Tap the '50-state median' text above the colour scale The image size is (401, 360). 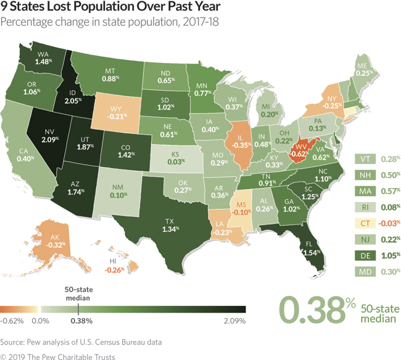pos(78,293)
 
